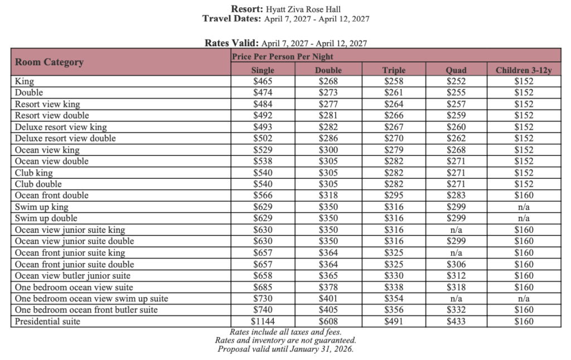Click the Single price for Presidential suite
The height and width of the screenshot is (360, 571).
pyautogui.click(x=263, y=321)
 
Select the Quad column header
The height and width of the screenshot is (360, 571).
pyautogui.click(x=456, y=70)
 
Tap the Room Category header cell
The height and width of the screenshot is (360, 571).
pyautogui.click(x=50, y=62)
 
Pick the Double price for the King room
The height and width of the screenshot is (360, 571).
pyautogui.click(x=328, y=81)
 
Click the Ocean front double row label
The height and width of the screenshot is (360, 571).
pyautogui.click(x=52, y=196)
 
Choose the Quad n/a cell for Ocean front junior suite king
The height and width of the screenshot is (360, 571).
pyautogui.click(x=456, y=252)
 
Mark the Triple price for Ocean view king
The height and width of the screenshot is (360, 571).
pyautogui.click(x=394, y=150)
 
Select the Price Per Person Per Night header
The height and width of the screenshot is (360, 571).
pyautogui.click(x=283, y=56)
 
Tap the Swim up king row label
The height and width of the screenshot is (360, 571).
pyautogui.click(x=42, y=207)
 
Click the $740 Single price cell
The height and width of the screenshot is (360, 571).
pyautogui.click(x=263, y=310)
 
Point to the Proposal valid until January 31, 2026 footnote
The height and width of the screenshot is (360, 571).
pyautogui.click(x=285, y=349)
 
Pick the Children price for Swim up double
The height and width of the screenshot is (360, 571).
pyautogui.click(x=524, y=218)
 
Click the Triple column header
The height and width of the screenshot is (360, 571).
pyautogui.click(x=394, y=70)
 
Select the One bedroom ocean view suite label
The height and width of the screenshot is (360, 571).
pyautogui.click(x=74, y=287)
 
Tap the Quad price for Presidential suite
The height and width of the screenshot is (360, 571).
pyautogui.click(x=456, y=321)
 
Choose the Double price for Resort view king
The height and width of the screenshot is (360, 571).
pyautogui.click(x=328, y=104)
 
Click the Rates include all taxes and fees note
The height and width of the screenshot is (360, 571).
pyautogui.click(x=285, y=332)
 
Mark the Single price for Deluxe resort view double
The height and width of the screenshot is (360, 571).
pyautogui.click(x=263, y=138)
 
